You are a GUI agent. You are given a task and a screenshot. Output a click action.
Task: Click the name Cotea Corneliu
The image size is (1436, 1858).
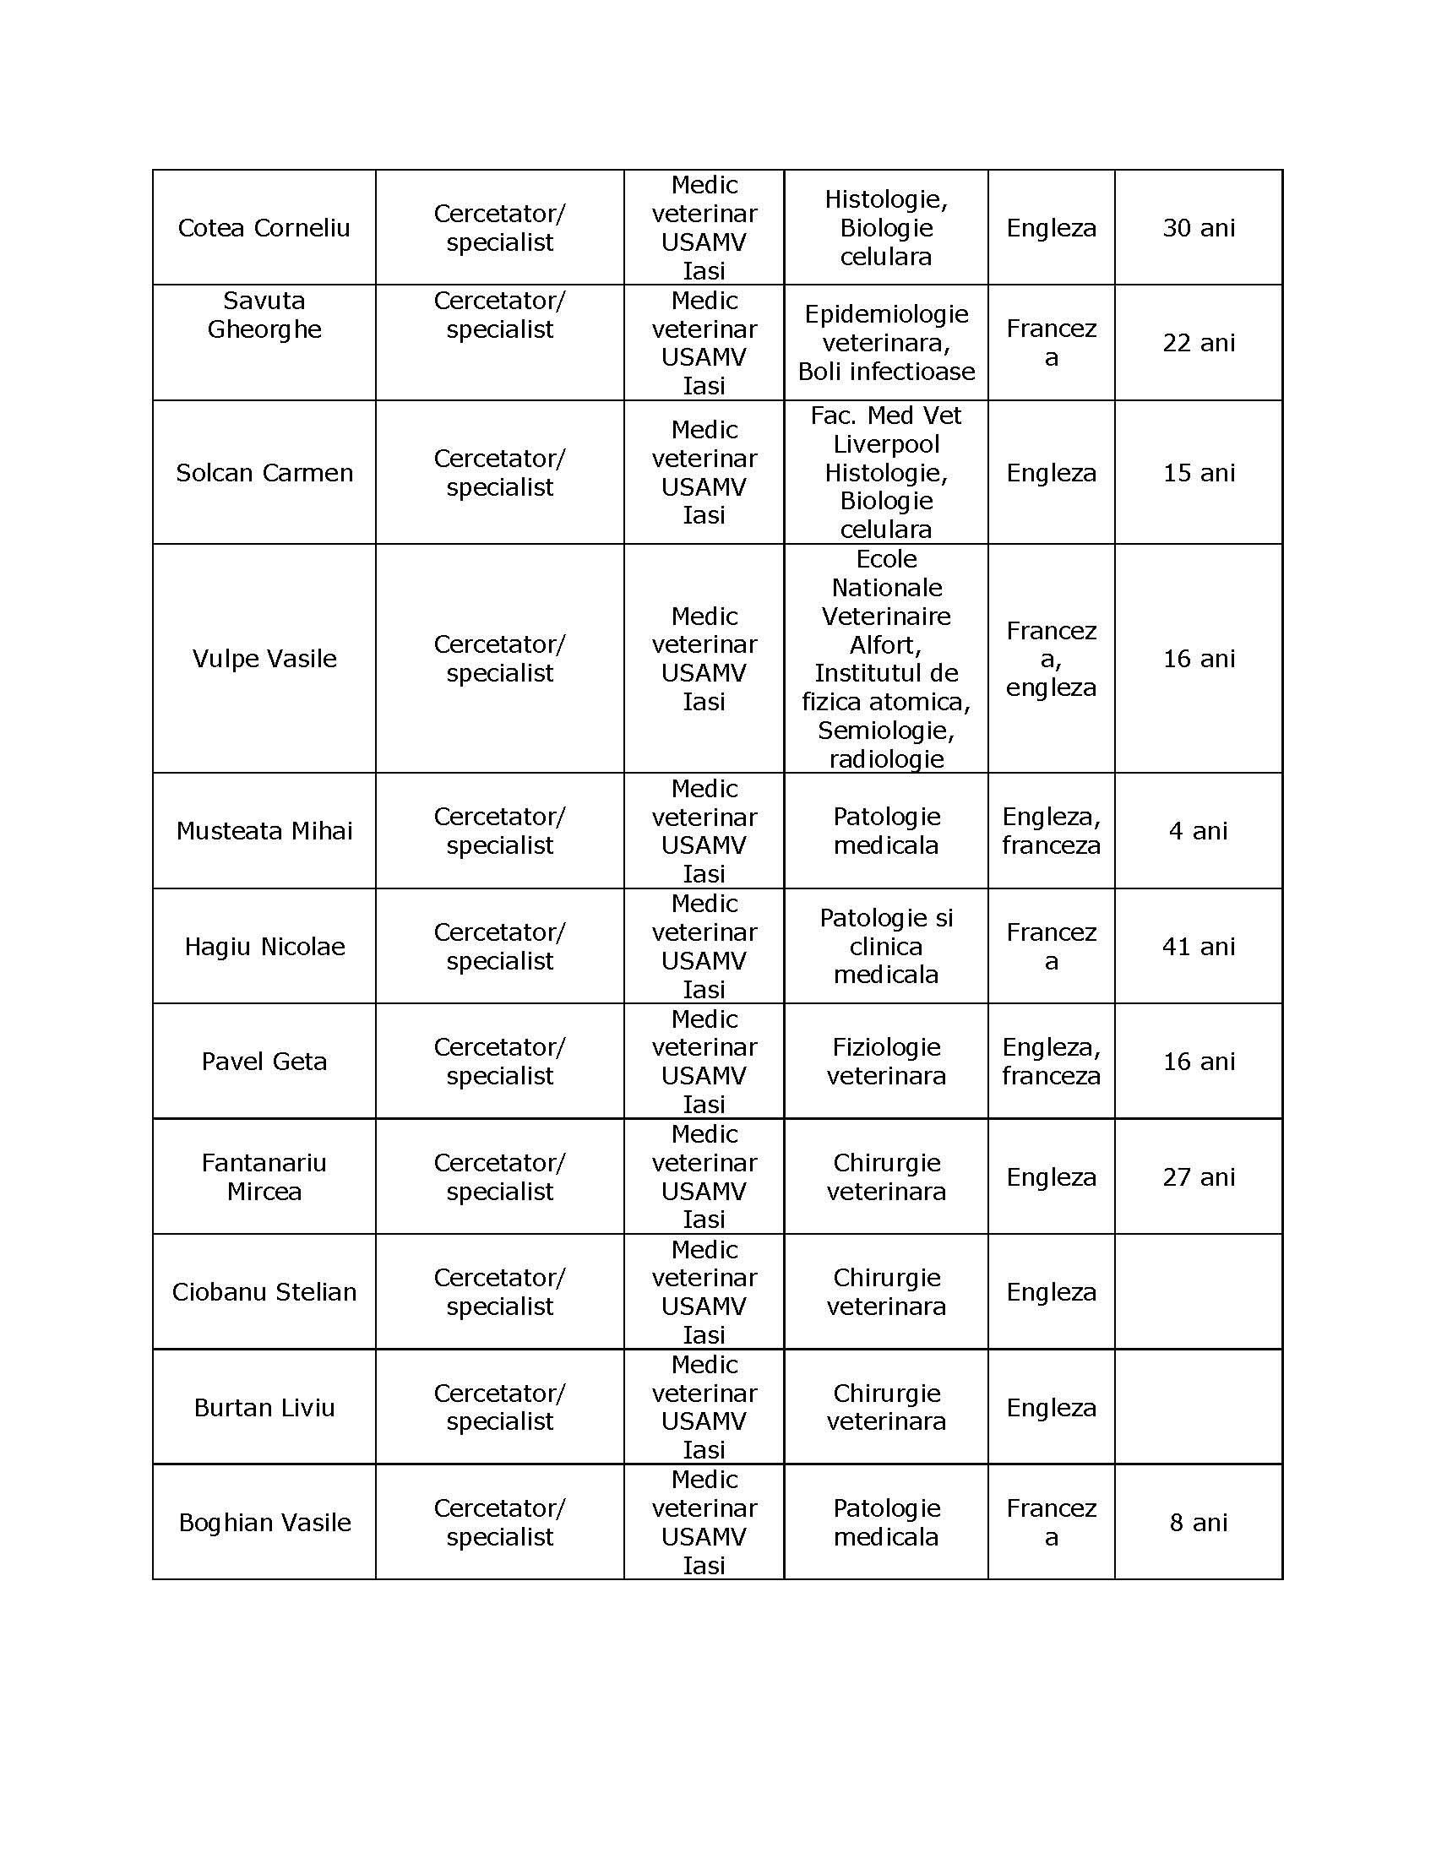264,228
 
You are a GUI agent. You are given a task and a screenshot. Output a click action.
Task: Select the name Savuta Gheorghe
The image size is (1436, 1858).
264,315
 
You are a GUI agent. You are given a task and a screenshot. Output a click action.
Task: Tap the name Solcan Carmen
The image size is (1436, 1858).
264,473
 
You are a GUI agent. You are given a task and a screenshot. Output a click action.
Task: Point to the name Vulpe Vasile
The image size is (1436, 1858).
264,659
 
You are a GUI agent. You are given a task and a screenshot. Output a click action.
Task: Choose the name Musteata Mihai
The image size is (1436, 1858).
264,831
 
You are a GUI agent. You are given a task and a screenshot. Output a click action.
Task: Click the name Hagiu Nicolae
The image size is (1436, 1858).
264,947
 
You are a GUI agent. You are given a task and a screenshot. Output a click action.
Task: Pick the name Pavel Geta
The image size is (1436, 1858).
264,1062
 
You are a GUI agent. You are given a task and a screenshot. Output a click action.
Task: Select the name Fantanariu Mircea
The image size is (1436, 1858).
264,1176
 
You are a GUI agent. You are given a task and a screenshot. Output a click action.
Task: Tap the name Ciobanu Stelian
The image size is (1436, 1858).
264,1292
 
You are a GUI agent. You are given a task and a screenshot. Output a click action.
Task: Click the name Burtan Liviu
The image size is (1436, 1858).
264,1408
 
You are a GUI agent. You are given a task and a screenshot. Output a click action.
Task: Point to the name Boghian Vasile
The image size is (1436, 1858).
264,1523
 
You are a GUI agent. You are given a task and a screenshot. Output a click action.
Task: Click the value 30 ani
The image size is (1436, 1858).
1198,228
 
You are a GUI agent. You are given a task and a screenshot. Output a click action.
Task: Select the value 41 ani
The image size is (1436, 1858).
1198,947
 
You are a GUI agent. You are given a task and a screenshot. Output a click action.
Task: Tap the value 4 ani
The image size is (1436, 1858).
1198,831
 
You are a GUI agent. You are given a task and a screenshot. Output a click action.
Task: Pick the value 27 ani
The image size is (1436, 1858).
1198,1177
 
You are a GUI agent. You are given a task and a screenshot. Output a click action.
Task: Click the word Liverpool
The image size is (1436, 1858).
885,444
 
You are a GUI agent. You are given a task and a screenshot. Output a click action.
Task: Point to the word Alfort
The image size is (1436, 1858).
884,645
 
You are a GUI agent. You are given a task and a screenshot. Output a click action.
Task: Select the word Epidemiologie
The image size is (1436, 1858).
885,315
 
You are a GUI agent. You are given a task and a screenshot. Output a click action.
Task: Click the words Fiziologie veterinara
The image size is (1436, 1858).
885,1062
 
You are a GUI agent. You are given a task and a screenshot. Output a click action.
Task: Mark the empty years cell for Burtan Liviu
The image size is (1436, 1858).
1198,1408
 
